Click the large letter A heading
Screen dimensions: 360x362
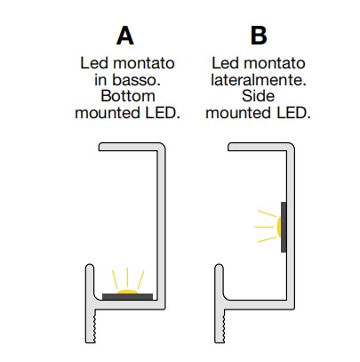click(x=125, y=36)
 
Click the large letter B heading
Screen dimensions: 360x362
click(x=259, y=36)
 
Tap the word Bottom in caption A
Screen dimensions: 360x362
click(x=128, y=96)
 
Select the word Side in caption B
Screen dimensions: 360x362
click(x=258, y=96)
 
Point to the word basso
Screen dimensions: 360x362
click(x=136, y=80)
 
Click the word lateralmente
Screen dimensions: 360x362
click(x=259, y=80)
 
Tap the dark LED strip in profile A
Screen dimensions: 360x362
click(x=127, y=297)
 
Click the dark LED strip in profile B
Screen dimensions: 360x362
click(x=284, y=227)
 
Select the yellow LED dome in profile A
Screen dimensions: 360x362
click(x=127, y=292)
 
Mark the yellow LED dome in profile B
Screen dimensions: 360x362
click(x=279, y=227)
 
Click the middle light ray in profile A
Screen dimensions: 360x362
click(x=127, y=277)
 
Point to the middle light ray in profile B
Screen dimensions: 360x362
click(x=264, y=227)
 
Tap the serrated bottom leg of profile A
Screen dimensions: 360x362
click(x=91, y=326)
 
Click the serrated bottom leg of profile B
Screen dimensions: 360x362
click(x=220, y=326)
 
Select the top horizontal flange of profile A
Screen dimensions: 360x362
click(x=132, y=147)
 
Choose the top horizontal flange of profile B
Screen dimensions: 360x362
click(x=261, y=147)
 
